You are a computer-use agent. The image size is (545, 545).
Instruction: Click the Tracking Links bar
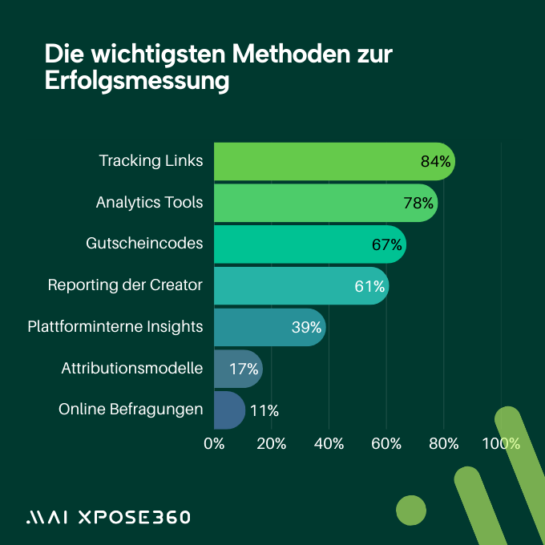pyautogui.click(x=321, y=161)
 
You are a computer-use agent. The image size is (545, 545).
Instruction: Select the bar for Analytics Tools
pyautogui.click(x=313, y=203)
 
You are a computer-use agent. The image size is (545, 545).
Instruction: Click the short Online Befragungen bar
pyautogui.click(x=228, y=410)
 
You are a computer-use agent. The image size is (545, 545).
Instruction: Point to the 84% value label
pyautogui.click(x=436, y=162)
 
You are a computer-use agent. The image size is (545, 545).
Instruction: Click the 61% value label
pyautogui.click(x=370, y=286)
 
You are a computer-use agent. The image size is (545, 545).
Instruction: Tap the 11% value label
pyautogui.click(x=264, y=410)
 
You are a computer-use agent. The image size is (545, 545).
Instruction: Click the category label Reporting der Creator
pyautogui.click(x=125, y=285)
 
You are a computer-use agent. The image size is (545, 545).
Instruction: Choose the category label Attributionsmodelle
pyautogui.click(x=131, y=369)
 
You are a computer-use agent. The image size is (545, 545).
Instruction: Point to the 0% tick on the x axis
pyautogui.click(x=214, y=444)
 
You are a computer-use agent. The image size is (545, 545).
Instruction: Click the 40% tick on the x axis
pyautogui.click(x=329, y=444)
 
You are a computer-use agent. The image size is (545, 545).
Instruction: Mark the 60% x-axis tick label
pyautogui.click(x=386, y=444)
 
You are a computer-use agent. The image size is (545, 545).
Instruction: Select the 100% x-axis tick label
pyautogui.click(x=501, y=444)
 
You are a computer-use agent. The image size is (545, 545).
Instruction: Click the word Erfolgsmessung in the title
pyautogui.click(x=137, y=82)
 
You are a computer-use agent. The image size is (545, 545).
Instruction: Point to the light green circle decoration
pyautogui.click(x=411, y=510)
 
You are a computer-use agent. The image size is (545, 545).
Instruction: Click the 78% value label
pyautogui.click(x=418, y=204)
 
